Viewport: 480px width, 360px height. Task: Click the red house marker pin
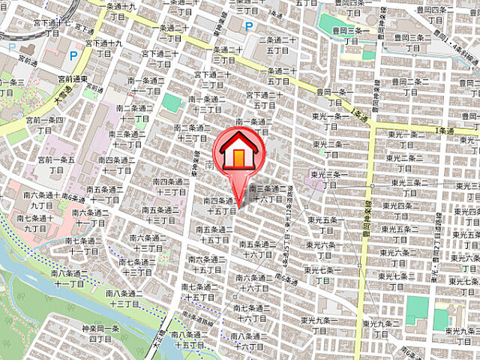[239, 154]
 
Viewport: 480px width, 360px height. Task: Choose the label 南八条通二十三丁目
[123, 298]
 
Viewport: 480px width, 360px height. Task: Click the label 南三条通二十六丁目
[266, 193]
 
